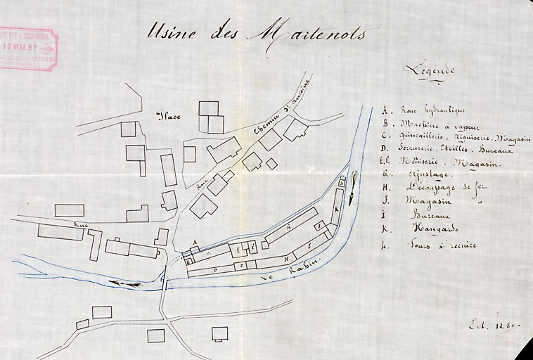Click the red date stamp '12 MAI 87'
click(x=28, y=48)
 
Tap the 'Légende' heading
click(x=429, y=70)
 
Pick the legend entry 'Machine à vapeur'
click(x=431, y=124)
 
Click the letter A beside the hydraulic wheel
click(x=194, y=243)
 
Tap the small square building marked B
click(x=188, y=261)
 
